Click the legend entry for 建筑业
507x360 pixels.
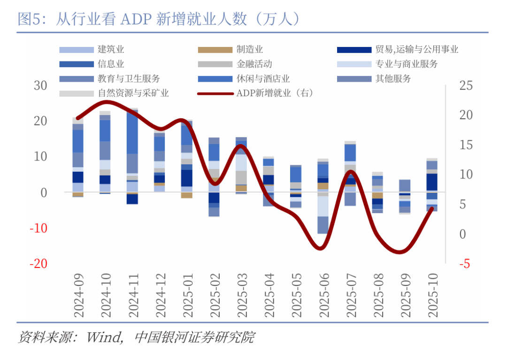tap(111, 49)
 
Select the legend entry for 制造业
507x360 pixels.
tap(249, 49)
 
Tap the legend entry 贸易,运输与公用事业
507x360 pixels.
tap(416, 49)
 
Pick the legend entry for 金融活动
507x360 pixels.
tap(254, 64)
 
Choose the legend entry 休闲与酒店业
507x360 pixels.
tap(263, 78)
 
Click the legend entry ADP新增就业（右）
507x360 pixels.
tap(274, 93)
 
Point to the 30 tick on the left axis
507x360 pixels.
tap(40, 85)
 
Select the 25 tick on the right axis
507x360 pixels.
tap(466, 85)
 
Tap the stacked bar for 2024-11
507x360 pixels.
tap(132, 155)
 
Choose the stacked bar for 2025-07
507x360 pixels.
tap(350, 174)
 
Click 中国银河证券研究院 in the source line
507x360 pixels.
tap(194, 337)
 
